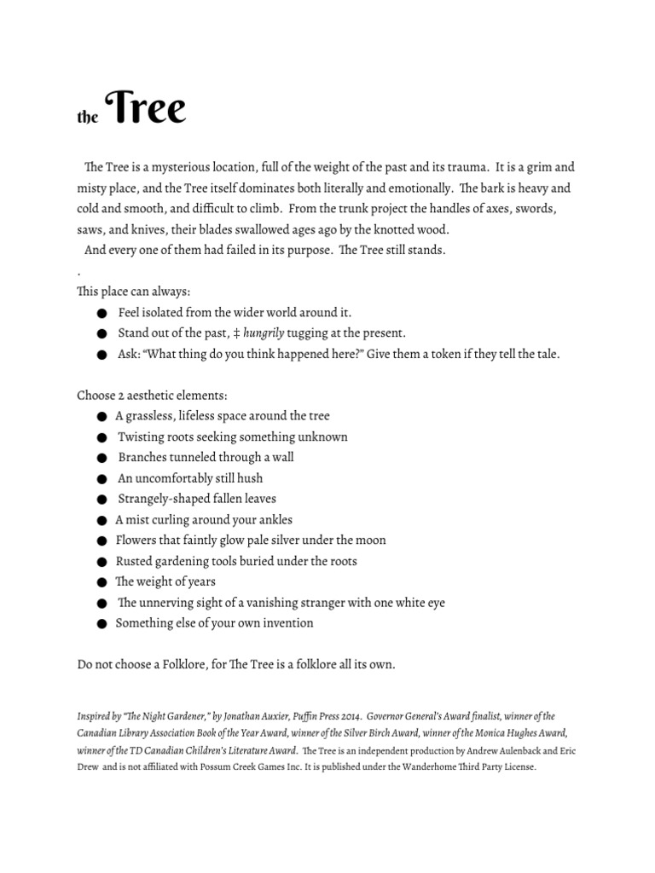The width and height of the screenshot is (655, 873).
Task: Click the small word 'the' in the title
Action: pos(87,119)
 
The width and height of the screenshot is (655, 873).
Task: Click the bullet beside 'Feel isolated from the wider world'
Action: pos(102,314)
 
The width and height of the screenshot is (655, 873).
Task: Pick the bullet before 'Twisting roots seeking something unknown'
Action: pos(102,437)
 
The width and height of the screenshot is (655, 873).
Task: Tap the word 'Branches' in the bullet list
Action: pos(142,458)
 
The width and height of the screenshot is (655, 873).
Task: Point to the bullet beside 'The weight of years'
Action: pos(102,582)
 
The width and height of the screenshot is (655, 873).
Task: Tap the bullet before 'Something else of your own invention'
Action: pos(102,624)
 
